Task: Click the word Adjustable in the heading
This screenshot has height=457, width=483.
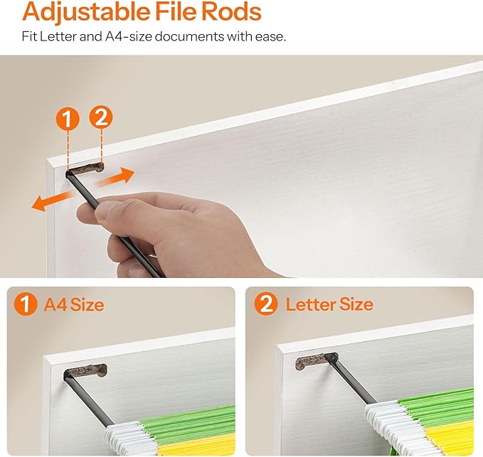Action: [x=86, y=11]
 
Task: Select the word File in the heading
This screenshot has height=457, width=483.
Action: [x=176, y=11]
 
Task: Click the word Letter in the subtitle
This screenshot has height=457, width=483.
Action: [x=58, y=36]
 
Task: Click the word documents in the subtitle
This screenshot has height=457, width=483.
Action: [x=189, y=36]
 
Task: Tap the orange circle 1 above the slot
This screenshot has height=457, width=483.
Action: [x=68, y=118]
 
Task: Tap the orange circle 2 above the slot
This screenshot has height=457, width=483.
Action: [x=101, y=117]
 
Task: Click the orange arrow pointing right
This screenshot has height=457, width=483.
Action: [x=115, y=178]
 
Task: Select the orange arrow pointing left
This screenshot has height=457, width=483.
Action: [x=53, y=200]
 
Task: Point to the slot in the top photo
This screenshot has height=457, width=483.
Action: [x=85, y=168]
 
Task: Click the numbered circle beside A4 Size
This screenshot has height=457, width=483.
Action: [x=26, y=303]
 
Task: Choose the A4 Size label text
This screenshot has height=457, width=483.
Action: [x=74, y=304]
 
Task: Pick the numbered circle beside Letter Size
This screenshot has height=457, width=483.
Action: [x=266, y=303]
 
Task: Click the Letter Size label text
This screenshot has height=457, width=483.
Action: [x=329, y=304]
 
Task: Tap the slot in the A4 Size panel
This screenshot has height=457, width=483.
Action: [x=85, y=371]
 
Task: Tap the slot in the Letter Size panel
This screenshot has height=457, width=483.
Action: [x=316, y=361]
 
